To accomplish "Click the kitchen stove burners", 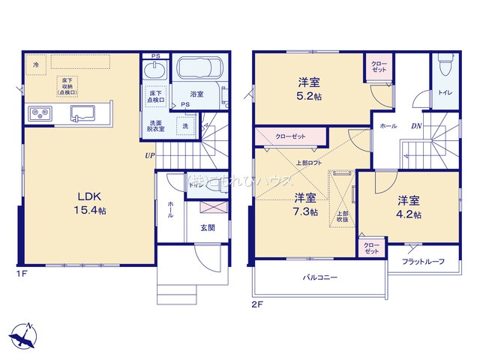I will tap(39, 114).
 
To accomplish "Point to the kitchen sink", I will tap(82, 114).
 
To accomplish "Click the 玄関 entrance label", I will tap(208, 228).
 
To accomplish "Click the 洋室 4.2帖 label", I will tap(408, 207).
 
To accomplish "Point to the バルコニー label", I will tap(320, 278).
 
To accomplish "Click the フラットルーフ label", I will tap(423, 261).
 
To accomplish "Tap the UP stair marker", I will tap(150, 155).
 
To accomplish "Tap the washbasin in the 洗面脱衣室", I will tap(156, 71).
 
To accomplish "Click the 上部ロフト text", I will tap(308, 163).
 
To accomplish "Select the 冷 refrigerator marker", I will tap(35, 65).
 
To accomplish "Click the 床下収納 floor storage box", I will tap(67, 85).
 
